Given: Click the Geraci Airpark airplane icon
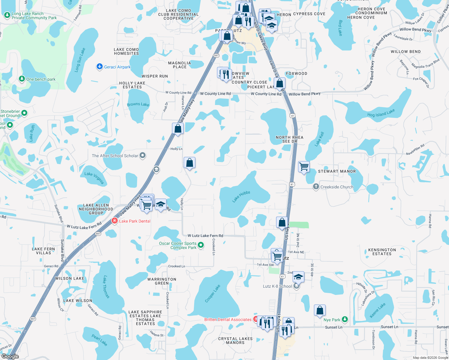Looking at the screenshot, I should tap(100, 67).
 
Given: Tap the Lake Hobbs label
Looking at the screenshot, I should tap(241, 196).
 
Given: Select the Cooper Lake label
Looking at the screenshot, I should tap(212, 293).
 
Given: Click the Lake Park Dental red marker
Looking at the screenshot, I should tap(114, 221).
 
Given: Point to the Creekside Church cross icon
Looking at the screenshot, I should tap(316, 187).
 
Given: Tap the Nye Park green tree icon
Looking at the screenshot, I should tap(345, 319).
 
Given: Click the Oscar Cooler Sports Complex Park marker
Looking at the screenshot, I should tap(201, 245).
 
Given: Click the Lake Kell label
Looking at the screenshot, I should tap(319, 139).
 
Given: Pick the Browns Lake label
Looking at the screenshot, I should tap(138, 104).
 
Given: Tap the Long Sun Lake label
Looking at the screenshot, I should tap(80, 60).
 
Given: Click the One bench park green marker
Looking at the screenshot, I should tap(22, 79).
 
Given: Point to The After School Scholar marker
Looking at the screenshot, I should tap(143, 155).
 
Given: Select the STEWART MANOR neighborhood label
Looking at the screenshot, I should tap(337, 171).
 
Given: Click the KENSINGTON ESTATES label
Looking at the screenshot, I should tap(382, 252).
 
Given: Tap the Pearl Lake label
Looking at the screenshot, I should tap(99, 340).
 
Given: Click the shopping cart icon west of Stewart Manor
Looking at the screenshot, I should tap(304, 166).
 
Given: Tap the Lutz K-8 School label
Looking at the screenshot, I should tap(277, 286).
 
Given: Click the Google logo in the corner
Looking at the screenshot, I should tap(10, 356).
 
